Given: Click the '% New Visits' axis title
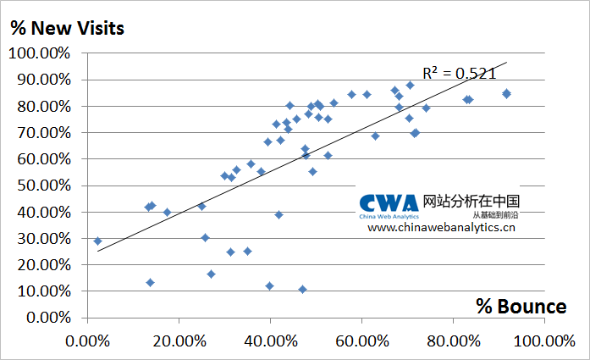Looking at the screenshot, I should (67, 27).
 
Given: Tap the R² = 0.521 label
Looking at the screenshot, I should (459, 73).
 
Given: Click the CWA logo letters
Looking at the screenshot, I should (389, 203).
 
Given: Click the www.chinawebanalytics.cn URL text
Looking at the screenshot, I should (441, 228).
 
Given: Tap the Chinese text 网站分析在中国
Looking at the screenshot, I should (471, 201).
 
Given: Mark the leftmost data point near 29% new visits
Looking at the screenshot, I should (97, 241).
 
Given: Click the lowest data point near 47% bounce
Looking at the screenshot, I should (302, 289).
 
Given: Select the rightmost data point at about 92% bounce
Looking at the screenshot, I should (506, 93).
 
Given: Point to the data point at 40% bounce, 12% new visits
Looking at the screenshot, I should (269, 285).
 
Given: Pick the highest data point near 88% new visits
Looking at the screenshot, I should (410, 85).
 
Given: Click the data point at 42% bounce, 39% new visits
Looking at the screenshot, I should (278, 214).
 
